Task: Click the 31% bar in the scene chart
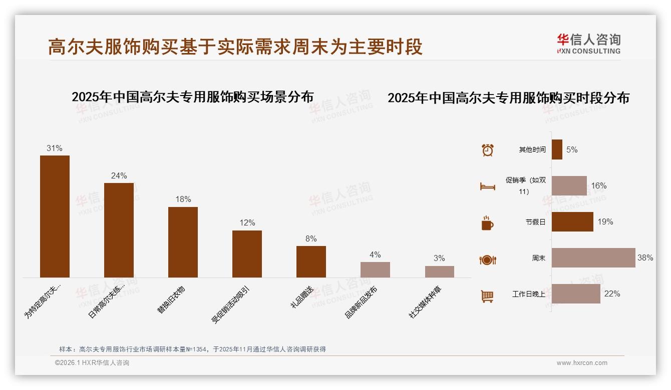[55, 216]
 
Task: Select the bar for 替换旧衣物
[183, 242]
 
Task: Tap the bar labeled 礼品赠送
[311, 261]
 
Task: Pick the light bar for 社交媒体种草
[439, 271]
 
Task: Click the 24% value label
[119, 175]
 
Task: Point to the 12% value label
[247, 222]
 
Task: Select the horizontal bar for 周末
[593, 258]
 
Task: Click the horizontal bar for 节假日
[572, 222]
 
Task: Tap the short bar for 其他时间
[557, 149]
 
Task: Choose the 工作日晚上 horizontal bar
[576, 294]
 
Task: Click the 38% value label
[645, 258]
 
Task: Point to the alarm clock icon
[487, 150]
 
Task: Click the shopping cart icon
[487, 296]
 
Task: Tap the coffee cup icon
[487, 223]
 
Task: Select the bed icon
[487, 186]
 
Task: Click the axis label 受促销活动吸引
[230, 305]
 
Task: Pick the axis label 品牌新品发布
[361, 303]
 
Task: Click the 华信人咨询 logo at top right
[588, 43]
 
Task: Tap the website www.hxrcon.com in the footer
[582, 363]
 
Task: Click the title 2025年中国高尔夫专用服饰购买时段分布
[508, 97]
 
